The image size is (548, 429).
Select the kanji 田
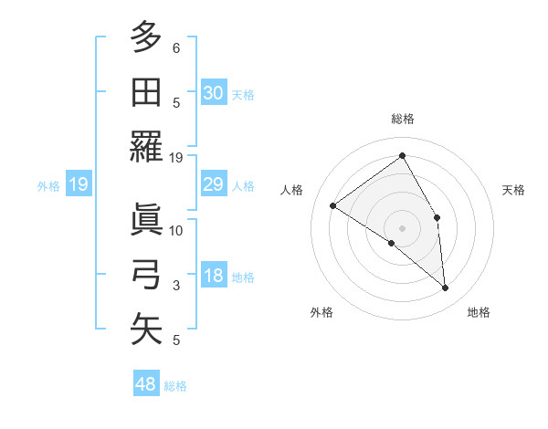pyautogui.click(x=146, y=92)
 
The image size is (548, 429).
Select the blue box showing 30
pyautogui.click(x=213, y=93)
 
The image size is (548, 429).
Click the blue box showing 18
pyautogui.click(x=213, y=277)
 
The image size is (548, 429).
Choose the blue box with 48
pyautogui.click(x=146, y=384)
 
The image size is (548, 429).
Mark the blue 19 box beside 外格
pyautogui.click(x=78, y=185)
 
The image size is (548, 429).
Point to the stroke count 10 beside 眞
pyautogui.click(x=176, y=230)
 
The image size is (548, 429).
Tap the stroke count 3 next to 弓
pyautogui.click(x=176, y=286)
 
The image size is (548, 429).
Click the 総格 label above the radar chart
pyautogui.click(x=403, y=119)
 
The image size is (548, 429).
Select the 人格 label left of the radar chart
pyautogui.click(x=292, y=190)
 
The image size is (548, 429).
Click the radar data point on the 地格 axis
pyautogui.click(x=446, y=288)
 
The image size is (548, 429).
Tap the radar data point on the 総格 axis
pyautogui.click(x=403, y=155)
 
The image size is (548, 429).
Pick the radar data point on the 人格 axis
pyautogui.click(x=333, y=205)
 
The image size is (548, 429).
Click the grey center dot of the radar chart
pyautogui.click(x=403, y=227)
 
